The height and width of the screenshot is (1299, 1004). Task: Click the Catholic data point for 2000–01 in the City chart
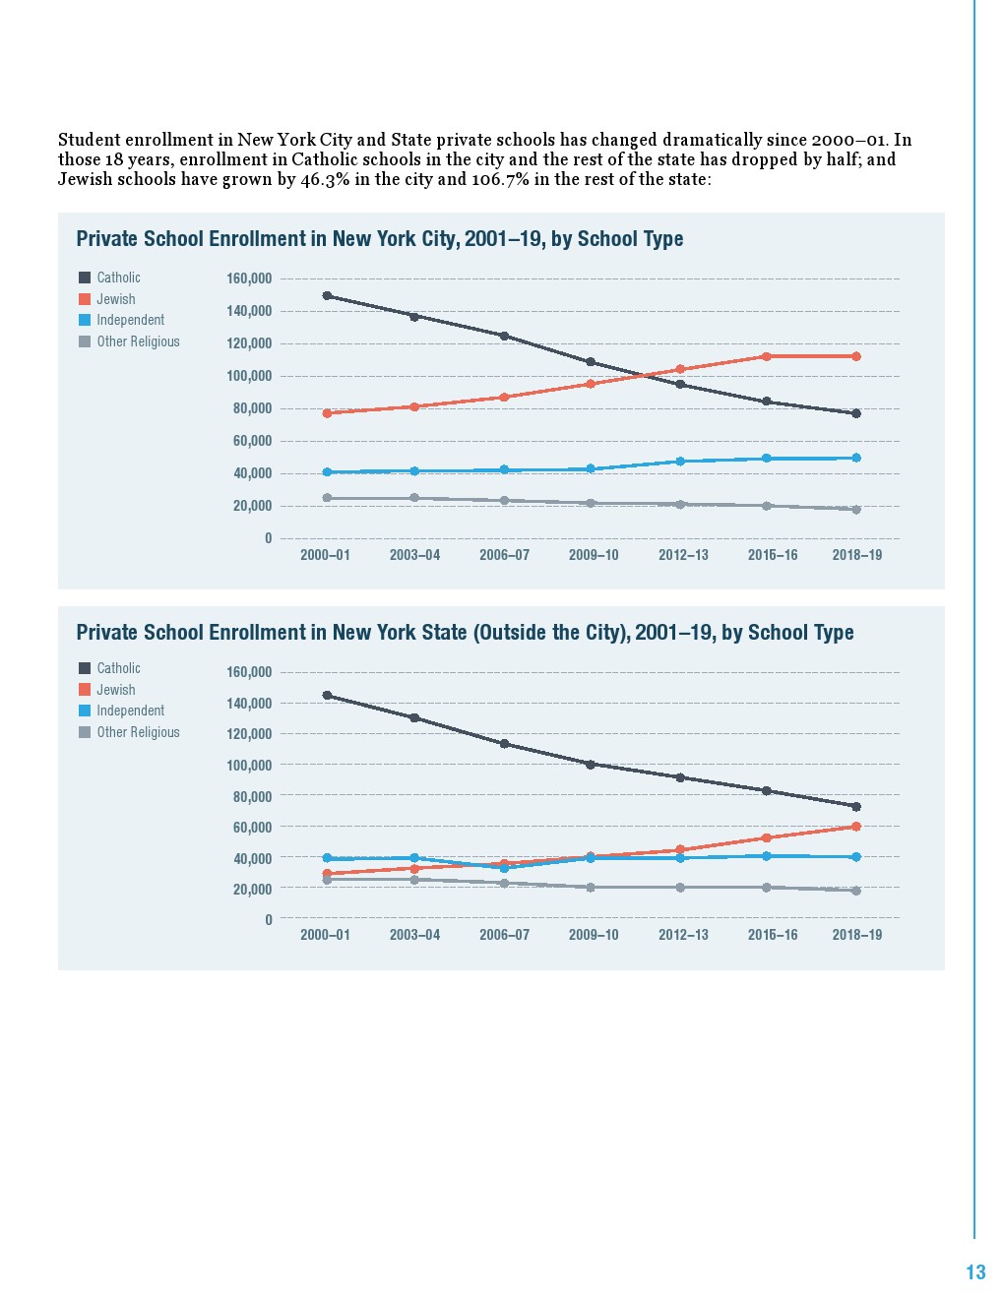point(328,295)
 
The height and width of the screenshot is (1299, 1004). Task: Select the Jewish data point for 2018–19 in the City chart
point(856,356)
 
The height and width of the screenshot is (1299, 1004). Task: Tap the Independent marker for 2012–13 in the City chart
point(680,462)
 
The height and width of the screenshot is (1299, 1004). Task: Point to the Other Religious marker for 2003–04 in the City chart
point(414,498)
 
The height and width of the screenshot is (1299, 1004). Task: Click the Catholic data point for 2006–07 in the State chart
point(504,744)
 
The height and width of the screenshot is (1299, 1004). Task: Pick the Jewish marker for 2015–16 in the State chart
point(767,838)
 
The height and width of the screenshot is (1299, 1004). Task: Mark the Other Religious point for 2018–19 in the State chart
point(856,891)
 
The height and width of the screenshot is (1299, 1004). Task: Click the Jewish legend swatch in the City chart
point(85,299)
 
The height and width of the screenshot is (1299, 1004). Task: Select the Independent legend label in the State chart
point(130,711)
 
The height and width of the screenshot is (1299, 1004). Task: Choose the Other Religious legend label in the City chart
point(138,341)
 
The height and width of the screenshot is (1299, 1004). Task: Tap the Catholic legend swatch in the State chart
point(85,668)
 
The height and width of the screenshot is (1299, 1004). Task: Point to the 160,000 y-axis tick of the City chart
point(249,278)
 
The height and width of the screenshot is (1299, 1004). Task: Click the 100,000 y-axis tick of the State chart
point(249,766)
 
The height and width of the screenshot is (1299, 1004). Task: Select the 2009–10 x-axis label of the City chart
point(594,555)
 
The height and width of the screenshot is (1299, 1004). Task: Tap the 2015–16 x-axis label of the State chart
point(773,935)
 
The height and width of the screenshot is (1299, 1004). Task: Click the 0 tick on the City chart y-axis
point(268,538)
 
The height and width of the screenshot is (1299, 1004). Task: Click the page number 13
point(975,1272)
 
